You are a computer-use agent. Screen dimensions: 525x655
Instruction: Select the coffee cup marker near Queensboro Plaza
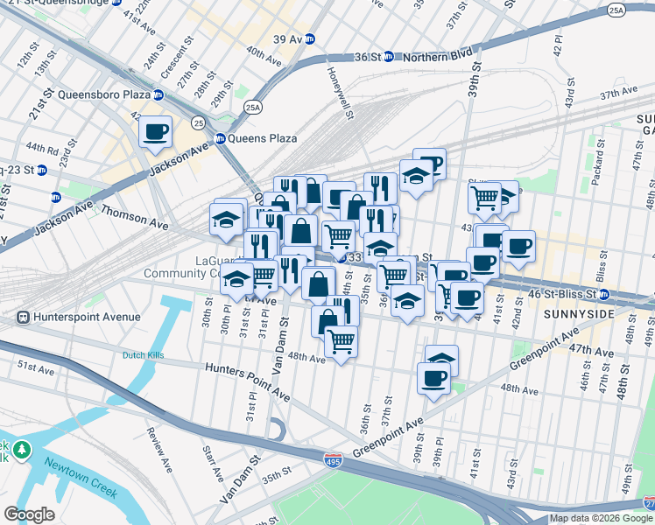(x=156, y=132)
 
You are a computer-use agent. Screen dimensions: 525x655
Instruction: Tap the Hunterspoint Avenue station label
(x=79, y=317)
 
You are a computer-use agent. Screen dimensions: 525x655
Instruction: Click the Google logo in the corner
(x=29, y=514)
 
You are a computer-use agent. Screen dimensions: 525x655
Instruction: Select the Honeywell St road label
(x=342, y=94)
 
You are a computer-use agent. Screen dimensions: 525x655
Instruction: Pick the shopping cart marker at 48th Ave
(x=341, y=340)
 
